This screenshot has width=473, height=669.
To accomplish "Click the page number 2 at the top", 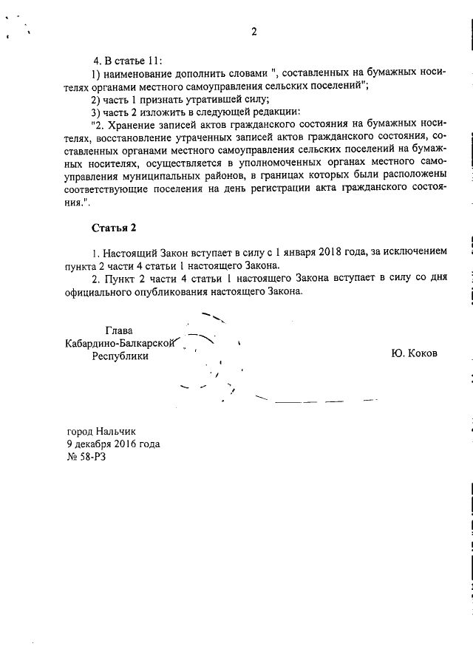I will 253,32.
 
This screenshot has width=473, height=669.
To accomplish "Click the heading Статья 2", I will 115,226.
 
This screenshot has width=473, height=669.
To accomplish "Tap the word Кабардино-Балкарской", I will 120,343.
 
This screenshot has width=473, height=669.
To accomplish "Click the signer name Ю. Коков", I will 414,353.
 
